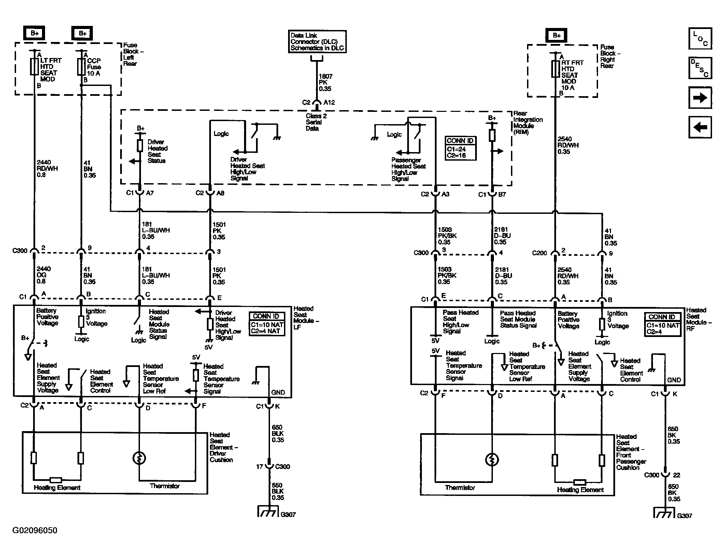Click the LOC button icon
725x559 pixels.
(700, 39)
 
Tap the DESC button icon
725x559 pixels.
(700, 68)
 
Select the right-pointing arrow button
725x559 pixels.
(700, 98)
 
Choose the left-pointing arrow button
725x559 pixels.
(700, 127)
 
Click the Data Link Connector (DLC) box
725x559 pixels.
(317, 42)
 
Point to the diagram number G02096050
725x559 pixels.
(35, 530)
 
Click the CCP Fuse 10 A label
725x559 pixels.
(94, 67)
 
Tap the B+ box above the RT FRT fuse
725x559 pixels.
(557, 35)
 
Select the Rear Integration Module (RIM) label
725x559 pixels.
(528, 123)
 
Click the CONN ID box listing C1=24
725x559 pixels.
(460, 148)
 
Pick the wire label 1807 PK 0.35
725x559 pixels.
(325, 83)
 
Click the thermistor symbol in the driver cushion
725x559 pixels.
(139, 458)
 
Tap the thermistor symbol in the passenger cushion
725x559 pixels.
(492, 459)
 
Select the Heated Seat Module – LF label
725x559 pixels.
(306, 318)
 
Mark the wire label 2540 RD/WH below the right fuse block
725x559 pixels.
(568, 145)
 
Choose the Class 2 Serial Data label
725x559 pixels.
(316, 122)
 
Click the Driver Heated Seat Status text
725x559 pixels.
(157, 151)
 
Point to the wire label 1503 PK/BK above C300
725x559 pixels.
(447, 236)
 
